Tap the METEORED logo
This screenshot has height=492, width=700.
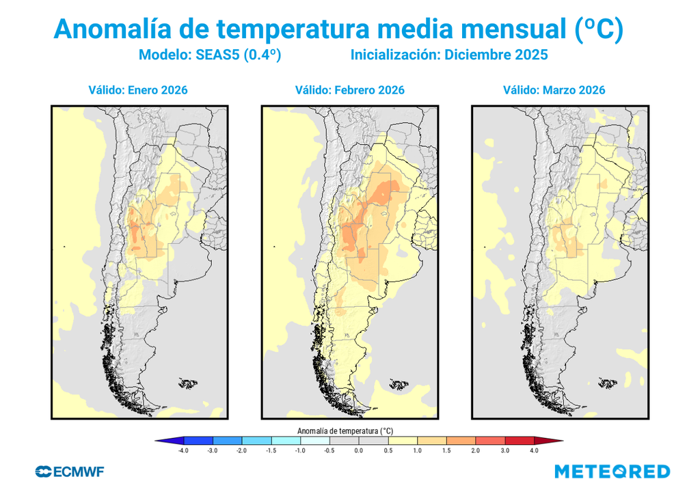pyautogui.click(x=612, y=471)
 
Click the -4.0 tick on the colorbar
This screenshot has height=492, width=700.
pyautogui.click(x=183, y=451)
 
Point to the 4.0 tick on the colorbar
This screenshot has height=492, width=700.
pyautogui.click(x=534, y=451)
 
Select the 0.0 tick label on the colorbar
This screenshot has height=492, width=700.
pyautogui.click(x=358, y=451)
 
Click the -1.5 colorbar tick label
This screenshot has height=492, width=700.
pyautogui.click(x=271, y=451)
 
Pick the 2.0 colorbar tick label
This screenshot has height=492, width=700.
pyautogui.click(x=475, y=451)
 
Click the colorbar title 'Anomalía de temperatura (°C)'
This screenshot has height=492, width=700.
pyautogui.click(x=345, y=431)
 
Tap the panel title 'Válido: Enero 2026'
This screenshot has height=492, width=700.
pyautogui.click(x=137, y=90)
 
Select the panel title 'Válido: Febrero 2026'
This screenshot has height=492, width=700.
pyautogui.click(x=349, y=90)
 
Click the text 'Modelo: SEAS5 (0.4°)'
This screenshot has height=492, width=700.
pyautogui.click(x=210, y=55)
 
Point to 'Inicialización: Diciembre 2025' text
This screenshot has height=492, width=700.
pyautogui.click(x=449, y=55)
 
